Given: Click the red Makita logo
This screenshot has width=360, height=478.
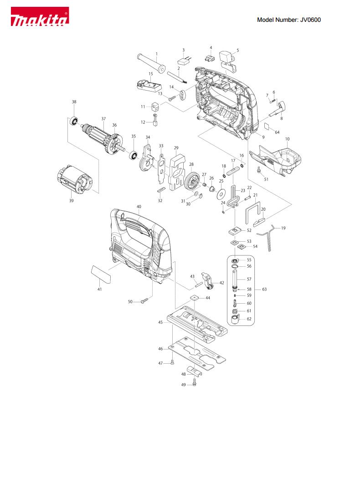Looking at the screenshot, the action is (x=40, y=16).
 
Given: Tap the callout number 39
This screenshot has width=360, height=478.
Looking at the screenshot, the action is (x=71, y=201).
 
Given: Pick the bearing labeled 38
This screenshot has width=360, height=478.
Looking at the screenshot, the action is (x=73, y=121).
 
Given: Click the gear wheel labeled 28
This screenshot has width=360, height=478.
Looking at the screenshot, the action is (x=192, y=181).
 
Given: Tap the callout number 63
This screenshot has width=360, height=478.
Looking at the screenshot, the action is (x=264, y=289).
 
